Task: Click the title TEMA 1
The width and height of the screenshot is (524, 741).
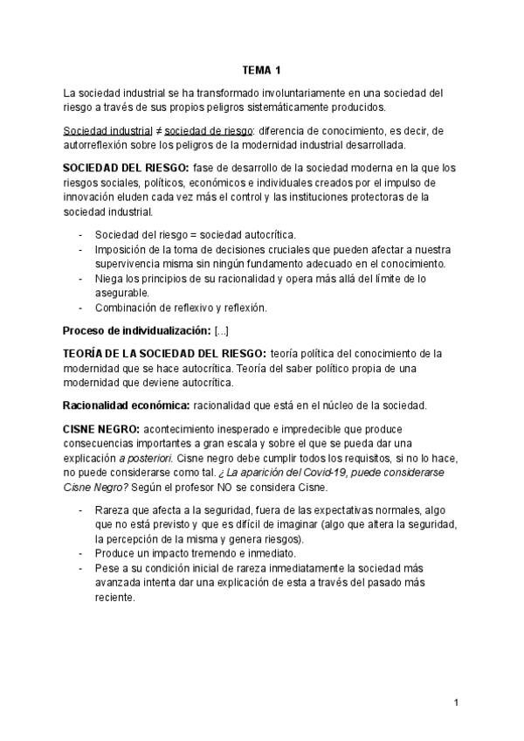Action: [261, 70]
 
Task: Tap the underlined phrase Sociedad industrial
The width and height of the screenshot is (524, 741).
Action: [100, 129]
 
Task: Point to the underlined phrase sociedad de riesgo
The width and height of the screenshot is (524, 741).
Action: [185, 129]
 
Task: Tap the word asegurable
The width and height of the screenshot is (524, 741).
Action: [124, 293]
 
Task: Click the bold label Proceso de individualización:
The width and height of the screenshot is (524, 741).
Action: [136, 330]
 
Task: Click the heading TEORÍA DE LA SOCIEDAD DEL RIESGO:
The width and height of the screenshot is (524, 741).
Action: [165, 353]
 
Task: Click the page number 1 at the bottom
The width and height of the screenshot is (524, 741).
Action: [457, 703]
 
